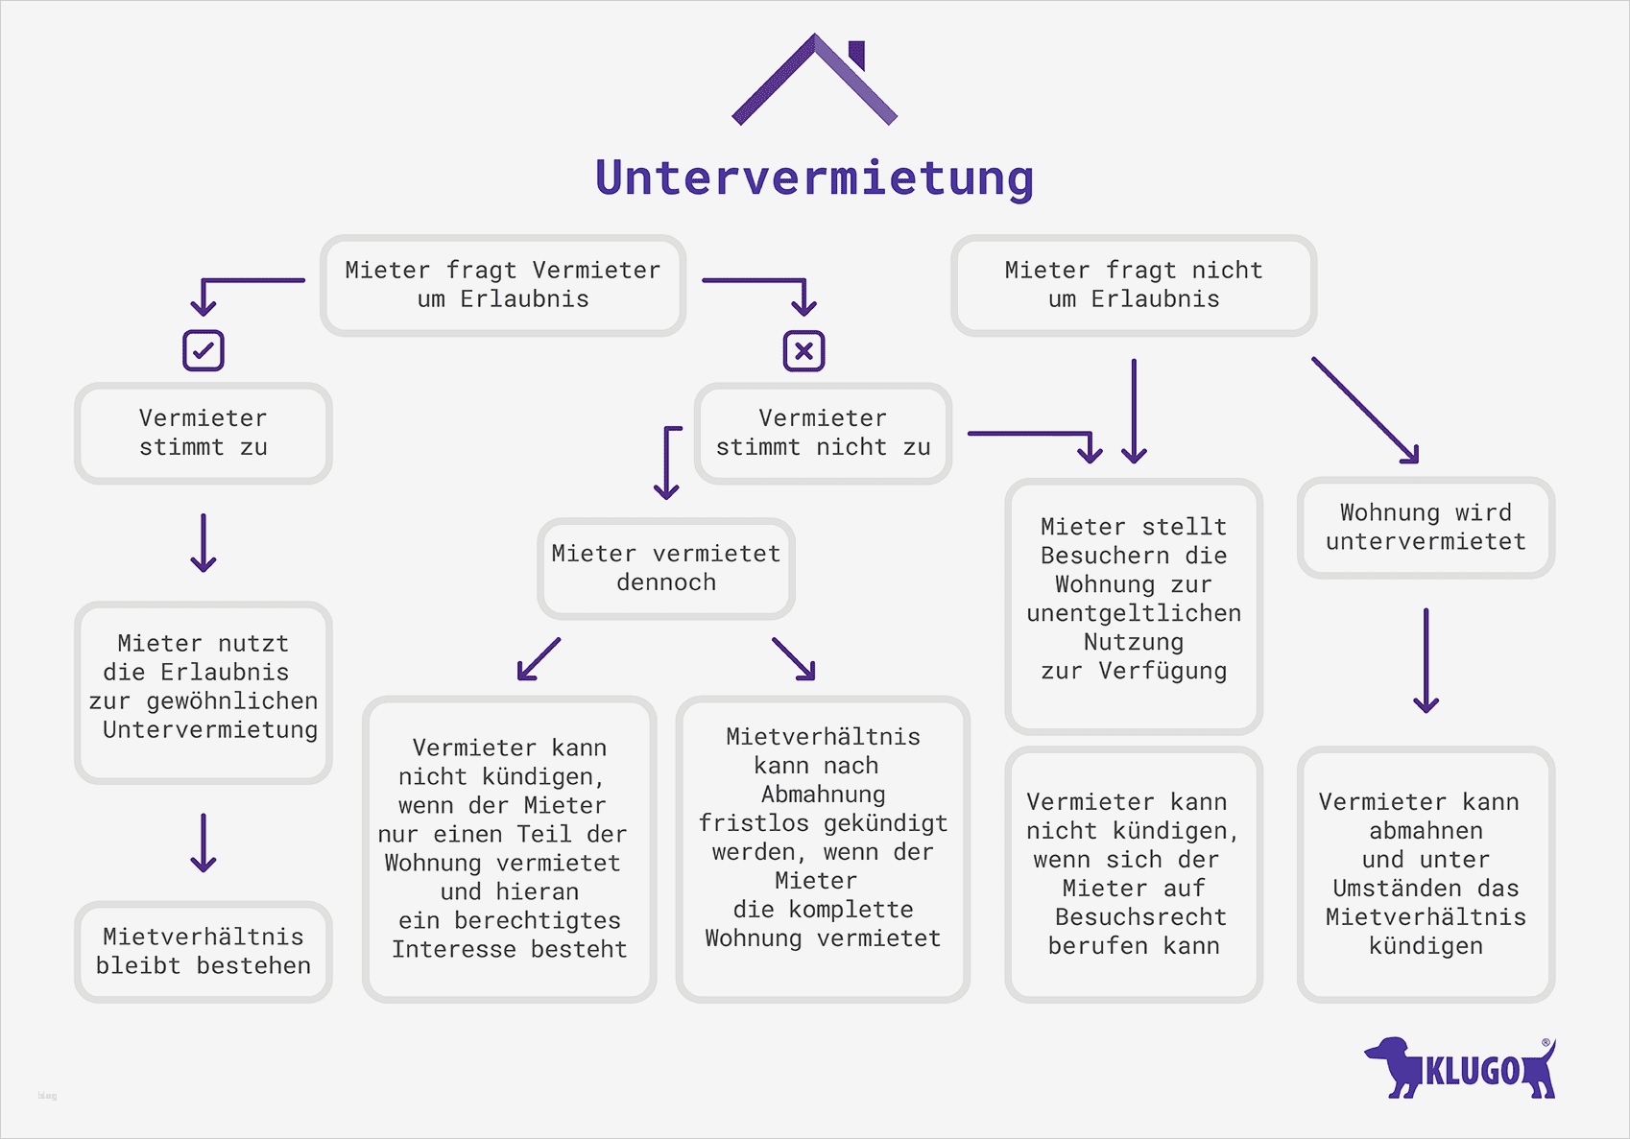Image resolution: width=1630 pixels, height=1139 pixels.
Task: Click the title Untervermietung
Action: tap(814, 178)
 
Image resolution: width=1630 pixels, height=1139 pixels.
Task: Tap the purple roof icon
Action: tap(814, 81)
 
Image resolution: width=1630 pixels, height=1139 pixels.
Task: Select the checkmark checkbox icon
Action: tap(204, 351)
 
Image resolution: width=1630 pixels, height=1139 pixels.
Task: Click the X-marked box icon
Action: tap(803, 351)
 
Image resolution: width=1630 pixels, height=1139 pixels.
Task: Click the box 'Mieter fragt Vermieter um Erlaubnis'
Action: tap(503, 285)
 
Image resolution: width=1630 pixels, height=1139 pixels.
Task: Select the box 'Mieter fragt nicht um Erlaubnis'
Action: tap(1133, 285)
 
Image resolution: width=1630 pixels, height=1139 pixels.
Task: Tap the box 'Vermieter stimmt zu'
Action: tap(204, 433)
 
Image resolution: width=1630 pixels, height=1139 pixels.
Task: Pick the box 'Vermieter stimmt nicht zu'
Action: tap(823, 433)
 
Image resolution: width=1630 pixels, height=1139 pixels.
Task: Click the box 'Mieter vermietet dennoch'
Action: tap(665, 568)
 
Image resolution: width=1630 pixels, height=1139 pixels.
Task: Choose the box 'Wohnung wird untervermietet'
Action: tap(1426, 528)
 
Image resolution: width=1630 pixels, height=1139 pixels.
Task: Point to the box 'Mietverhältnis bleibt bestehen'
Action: tap(204, 951)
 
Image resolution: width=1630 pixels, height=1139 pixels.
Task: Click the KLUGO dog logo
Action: tap(1459, 1068)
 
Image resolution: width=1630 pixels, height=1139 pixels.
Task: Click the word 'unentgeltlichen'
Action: tap(1134, 613)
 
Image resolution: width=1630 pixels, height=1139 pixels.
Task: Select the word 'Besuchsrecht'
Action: tap(1140, 917)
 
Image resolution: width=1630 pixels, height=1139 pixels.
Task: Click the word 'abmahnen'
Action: tap(1426, 831)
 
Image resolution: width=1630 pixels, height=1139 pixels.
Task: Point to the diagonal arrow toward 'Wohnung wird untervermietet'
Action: tap(1365, 411)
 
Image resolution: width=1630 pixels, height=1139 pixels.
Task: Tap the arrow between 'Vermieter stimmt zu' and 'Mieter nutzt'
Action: tap(204, 543)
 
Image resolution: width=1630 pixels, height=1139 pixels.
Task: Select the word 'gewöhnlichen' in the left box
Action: tap(231, 701)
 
